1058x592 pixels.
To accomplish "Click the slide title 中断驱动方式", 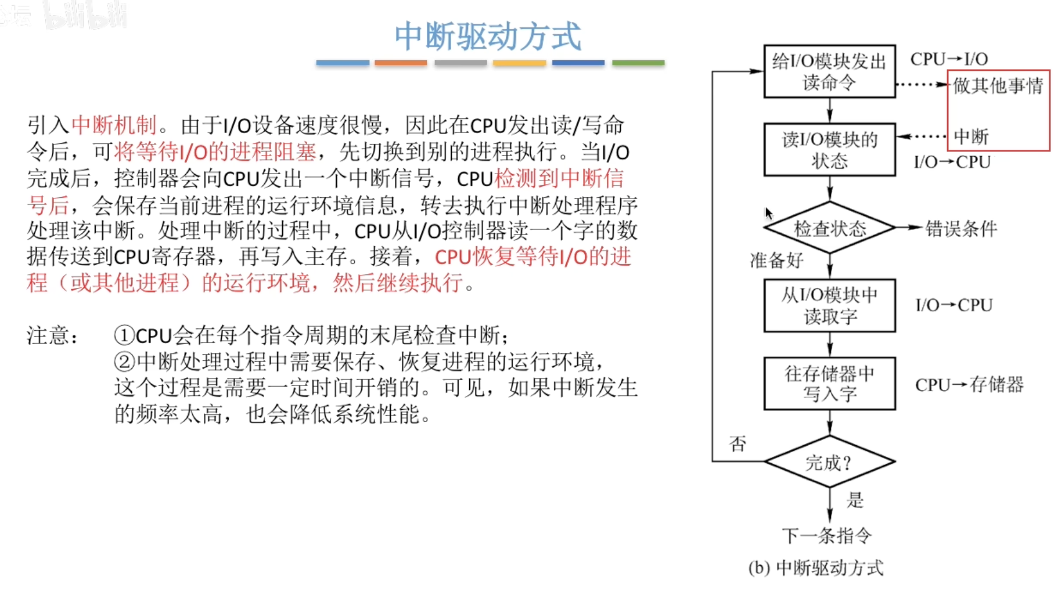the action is point(488,36).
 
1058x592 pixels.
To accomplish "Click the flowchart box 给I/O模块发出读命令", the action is point(829,71).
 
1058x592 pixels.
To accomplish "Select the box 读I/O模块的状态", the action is point(829,150).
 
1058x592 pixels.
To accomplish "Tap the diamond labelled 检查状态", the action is point(829,228).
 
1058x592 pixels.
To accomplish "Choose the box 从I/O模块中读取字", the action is point(829,305).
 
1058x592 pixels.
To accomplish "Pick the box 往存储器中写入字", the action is point(829,384).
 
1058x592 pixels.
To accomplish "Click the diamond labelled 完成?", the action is point(829,462).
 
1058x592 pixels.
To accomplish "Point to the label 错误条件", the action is point(961,229).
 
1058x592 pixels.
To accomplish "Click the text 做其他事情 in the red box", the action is point(998,86).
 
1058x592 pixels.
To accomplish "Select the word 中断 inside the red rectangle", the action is point(971,137).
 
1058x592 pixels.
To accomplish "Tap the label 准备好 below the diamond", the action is point(776,261).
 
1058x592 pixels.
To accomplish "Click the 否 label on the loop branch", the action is point(737,444).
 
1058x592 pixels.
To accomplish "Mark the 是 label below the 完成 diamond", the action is point(855,500).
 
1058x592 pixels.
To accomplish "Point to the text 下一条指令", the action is point(826,535).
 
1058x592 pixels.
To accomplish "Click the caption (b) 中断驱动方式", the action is point(816,568).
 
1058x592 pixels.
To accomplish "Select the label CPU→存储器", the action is point(969,385).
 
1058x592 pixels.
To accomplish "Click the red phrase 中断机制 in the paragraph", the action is point(114,125).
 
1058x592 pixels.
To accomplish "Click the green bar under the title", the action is point(638,63).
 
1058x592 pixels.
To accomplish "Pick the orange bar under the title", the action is point(401,63).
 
